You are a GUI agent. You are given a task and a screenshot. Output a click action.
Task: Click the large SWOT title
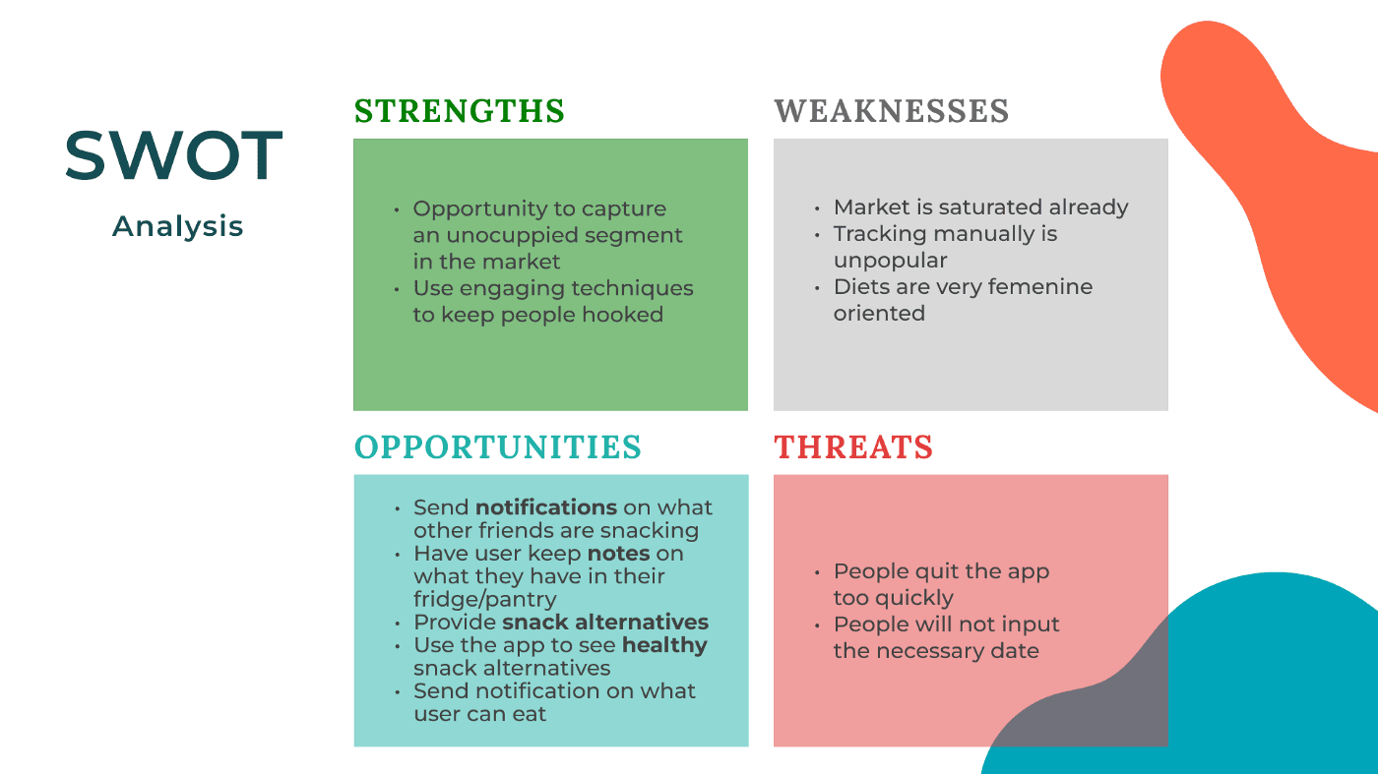174,155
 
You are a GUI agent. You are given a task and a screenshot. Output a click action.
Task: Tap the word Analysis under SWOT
178,226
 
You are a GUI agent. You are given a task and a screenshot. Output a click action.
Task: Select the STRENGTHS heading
459,111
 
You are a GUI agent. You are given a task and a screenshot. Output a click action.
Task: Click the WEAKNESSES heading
892,111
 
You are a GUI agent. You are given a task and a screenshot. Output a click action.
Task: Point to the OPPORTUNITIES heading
498,447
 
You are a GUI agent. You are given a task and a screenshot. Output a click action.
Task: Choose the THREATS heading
853,447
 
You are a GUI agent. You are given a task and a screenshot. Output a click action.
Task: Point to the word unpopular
890,261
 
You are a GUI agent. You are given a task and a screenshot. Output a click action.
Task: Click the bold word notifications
546,507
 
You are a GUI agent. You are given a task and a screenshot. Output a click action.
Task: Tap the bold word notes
618,554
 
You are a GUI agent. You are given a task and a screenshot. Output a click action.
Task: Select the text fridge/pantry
484,599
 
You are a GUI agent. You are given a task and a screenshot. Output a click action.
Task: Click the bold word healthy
664,645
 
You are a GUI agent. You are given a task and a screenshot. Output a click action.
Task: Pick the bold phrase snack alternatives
605,623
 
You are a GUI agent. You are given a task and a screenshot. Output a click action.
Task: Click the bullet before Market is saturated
816,209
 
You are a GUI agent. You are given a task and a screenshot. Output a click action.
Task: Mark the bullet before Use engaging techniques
396,289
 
